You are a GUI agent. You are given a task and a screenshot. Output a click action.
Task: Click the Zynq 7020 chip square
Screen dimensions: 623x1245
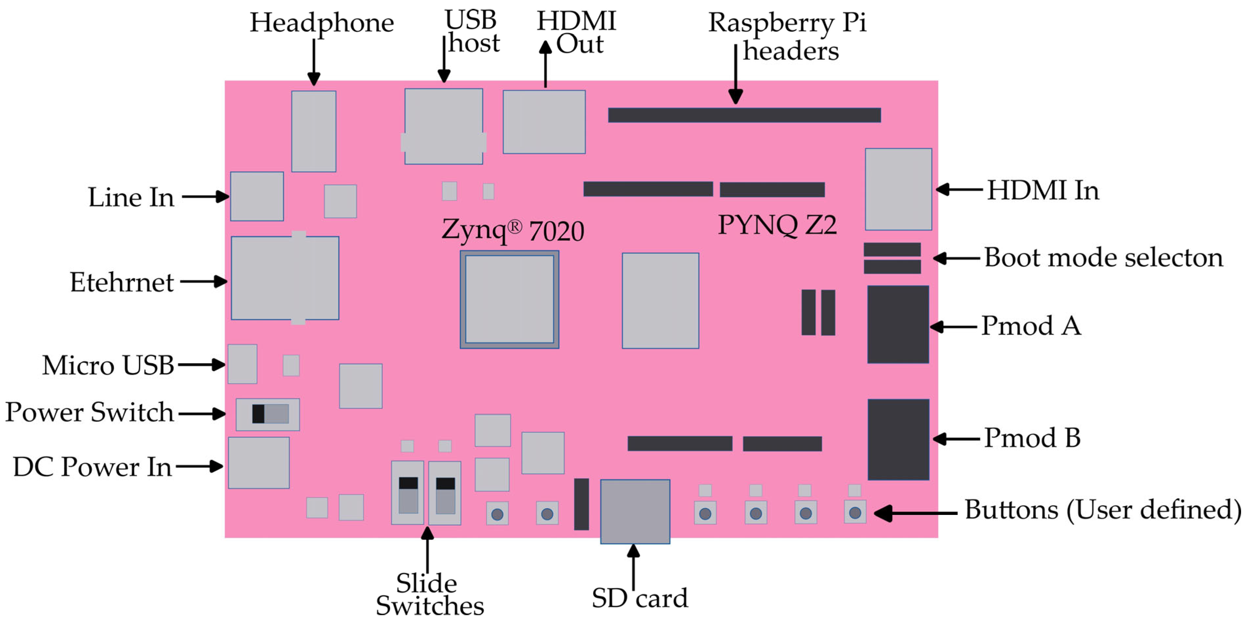pos(509,299)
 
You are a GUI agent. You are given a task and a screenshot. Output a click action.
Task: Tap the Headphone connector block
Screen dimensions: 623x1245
pos(314,131)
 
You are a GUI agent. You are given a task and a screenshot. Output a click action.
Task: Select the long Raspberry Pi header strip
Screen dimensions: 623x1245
pos(744,115)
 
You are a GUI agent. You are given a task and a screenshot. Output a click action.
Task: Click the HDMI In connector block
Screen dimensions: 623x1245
pos(898,189)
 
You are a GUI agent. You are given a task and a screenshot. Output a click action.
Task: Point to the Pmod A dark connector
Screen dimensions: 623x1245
pos(898,324)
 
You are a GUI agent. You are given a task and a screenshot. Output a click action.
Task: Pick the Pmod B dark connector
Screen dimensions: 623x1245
pos(898,439)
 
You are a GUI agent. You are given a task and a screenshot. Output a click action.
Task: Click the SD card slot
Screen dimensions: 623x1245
pos(635,511)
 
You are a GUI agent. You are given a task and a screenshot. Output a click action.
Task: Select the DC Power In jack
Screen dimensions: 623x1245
pos(258,463)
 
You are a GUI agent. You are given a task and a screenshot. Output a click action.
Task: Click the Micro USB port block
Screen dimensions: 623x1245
pos(242,364)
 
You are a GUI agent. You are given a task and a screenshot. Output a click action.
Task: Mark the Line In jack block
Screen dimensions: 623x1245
pos(257,196)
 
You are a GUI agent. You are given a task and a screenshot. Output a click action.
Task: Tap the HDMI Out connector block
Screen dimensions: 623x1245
pos(544,122)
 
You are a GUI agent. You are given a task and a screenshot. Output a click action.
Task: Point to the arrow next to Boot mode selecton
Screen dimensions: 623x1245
pos(957,258)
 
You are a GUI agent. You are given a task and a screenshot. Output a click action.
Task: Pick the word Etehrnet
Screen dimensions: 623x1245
pos(122,282)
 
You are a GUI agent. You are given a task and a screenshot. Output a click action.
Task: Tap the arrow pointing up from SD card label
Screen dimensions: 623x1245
pos(633,565)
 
